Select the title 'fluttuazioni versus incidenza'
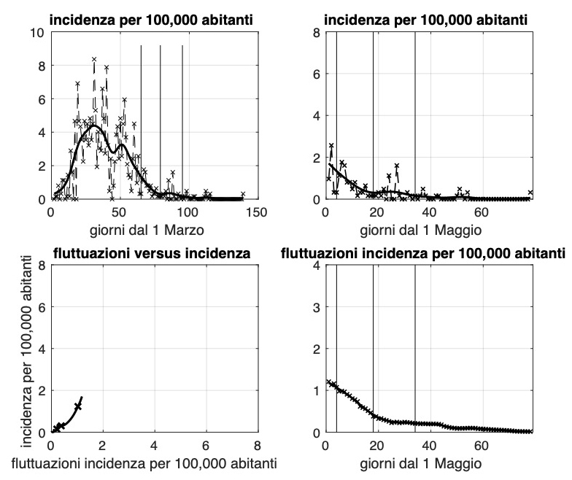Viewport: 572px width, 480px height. pyautogui.click(x=152, y=254)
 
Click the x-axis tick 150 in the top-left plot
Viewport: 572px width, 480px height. pyautogui.click(x=256, y=212)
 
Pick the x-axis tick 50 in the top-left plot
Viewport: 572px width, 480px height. pyautogui.click(x=119, y=212)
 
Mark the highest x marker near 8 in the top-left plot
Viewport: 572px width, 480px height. pyautogui.click(x=94, y=59)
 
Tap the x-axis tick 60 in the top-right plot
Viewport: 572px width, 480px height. pyautogui.click(x=481, y=212)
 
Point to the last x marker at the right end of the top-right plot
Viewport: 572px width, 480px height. pyautogui.click(x=530, y=193)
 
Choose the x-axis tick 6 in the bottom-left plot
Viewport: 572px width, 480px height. pyautogui.click(x=206, y=445)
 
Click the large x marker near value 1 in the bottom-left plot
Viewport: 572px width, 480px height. pyautogui.click(x=78, y=406)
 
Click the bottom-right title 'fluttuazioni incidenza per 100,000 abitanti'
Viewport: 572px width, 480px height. pyautogui.click(x=423, y=254)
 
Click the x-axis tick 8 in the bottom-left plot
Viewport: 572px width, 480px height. pyautogui.click(x=257, y=445)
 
